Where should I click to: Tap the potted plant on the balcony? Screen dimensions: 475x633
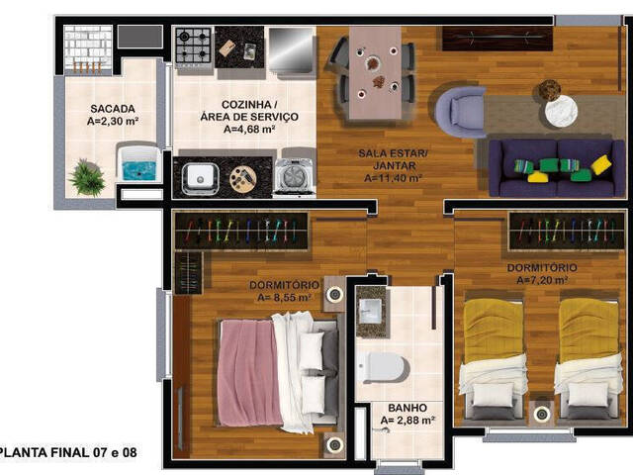(x=88, y=178)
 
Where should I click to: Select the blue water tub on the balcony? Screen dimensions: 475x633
(x=138, y=164)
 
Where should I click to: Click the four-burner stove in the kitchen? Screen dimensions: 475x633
(x=192, y=46)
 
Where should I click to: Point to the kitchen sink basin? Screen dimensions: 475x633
(x=201, y=178)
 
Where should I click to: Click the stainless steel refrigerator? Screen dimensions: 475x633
(x=291, y=48)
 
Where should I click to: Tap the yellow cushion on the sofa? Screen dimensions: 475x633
(x=599, y=164)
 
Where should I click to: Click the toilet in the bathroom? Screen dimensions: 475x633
(x=382, y=367)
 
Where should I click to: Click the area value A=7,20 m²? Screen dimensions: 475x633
(x=542, y=280)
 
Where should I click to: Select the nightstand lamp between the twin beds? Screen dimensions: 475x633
(x=541, y=412)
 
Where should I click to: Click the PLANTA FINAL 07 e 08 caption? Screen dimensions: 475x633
(x=68, y=452)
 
